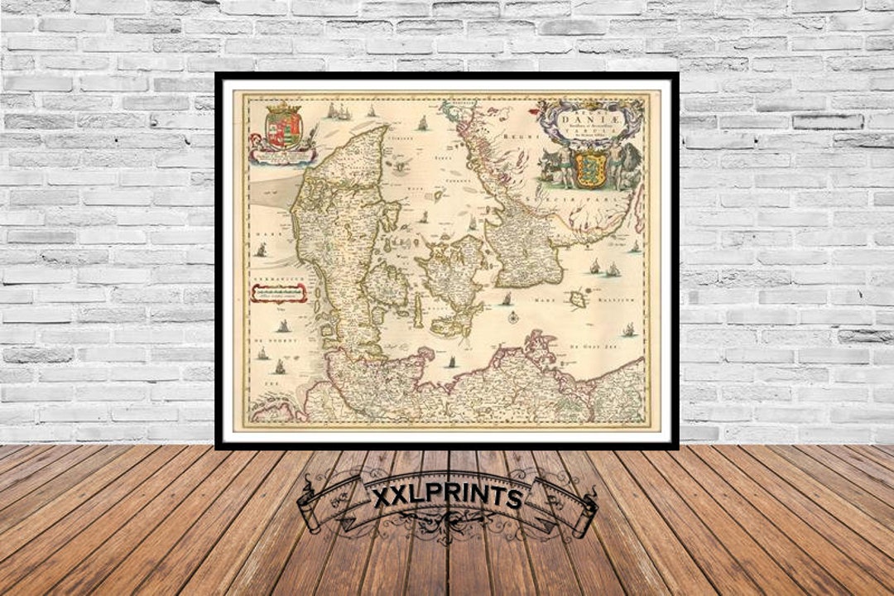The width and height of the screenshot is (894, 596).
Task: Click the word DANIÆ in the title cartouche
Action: pos(589,119)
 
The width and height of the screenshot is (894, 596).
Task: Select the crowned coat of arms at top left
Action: pos(283,127)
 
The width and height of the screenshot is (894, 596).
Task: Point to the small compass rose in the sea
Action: pos(513,316)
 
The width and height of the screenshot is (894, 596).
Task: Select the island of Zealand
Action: pos(451,273)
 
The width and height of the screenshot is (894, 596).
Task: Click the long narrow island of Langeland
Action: pos(418,310)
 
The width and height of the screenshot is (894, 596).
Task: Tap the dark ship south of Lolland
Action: pos(453,363)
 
